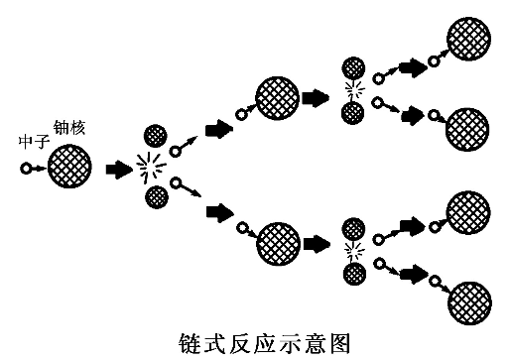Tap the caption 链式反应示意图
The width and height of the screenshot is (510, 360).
[254, 340]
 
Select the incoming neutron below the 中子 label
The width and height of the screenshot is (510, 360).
[25, 169]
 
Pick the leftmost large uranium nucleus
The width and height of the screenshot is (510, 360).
[69, 167]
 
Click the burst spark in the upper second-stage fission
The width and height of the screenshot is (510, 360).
[352, 90]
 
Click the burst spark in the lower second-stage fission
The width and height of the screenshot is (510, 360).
[352, 246]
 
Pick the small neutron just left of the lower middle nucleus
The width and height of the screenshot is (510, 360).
[241, 228]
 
